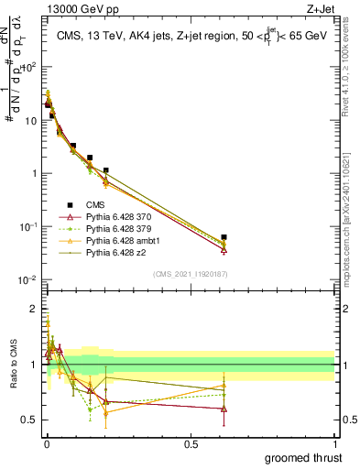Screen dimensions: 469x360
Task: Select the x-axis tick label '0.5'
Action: tap(191, 443)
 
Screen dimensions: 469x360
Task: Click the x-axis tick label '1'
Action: tap(335, 443)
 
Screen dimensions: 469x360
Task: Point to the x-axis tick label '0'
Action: tap(46, 443)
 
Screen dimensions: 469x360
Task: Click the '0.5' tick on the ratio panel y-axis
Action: tap(29, 420)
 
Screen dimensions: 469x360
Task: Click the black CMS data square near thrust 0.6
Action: tap(224, 237)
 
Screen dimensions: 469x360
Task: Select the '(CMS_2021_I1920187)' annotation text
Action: tap(190, 273)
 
